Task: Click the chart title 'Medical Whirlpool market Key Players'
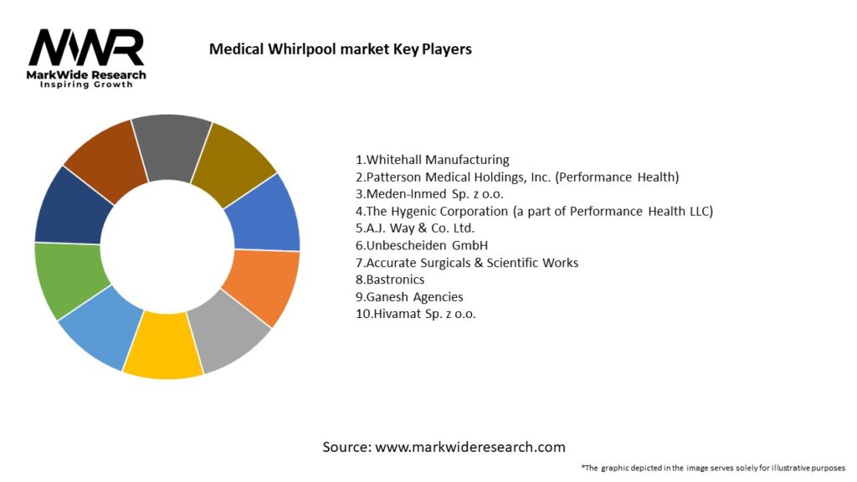click(x=340, y=49)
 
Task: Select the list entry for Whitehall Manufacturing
click(x=433, y=160)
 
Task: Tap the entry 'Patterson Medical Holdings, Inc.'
click(x=517, y=177)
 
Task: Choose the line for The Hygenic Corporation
click(x=534, y=211)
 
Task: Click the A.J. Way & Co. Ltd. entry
click(x=415, y=228)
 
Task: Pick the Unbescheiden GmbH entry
click(x=422, y=245)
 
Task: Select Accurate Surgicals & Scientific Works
click(x=467, y=263)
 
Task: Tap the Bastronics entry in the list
click(x=390, y=279)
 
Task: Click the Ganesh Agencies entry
click(x=409, y=297)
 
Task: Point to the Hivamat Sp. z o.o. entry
click(x=416, y=314)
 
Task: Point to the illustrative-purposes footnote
click(x=713, y=468)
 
